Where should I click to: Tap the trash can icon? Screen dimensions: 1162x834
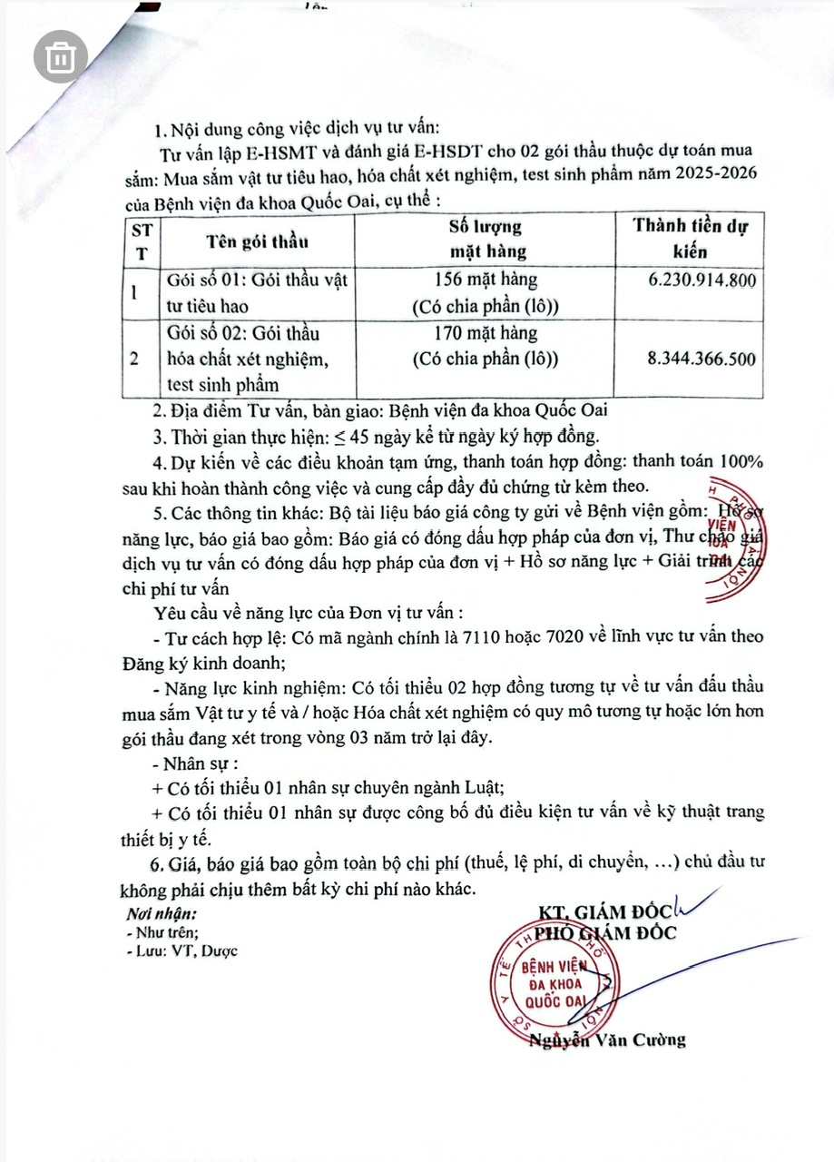[x=61, y=58]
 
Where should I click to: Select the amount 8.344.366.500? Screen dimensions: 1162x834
[x=702, y=359]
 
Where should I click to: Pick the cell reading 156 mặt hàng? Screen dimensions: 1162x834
[x=486, y=280]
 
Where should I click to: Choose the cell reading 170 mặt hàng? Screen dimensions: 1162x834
[x=486, y=333]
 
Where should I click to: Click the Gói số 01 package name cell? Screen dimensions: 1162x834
[x=257, y=292]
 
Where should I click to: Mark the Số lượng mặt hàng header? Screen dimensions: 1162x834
[x=486, y=240]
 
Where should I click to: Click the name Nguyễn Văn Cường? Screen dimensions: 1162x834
[x=608, y=1039]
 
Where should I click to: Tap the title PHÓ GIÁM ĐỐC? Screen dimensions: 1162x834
[x=604, y=933]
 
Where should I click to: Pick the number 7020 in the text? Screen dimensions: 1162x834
[x=566, y=636]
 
